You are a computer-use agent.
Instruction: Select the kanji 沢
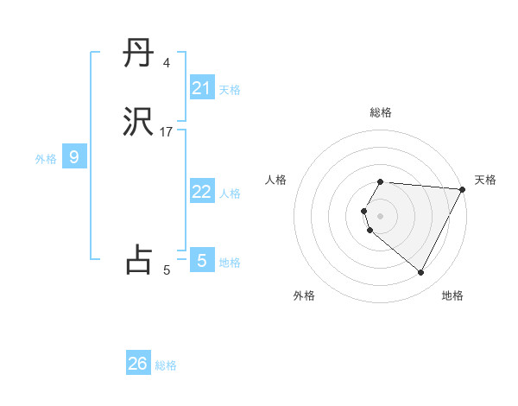click(138, 124)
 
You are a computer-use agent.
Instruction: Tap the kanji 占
click(138, 259)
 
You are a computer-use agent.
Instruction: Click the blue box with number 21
click(202, 88)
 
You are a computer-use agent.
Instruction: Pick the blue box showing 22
click(202, 192)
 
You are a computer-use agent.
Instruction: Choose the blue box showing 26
click(138, 364)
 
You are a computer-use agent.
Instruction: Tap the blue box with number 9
click(74, 157)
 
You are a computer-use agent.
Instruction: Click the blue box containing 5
click(202, 260)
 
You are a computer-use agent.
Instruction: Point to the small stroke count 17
click(167, 132)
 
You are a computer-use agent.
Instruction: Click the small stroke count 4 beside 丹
click(166, 63)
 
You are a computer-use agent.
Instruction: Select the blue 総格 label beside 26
click(166, 365)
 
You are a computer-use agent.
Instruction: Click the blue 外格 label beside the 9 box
click(45, 159)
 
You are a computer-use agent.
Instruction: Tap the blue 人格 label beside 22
click(230, 193)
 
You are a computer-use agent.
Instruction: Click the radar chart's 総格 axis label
click(381, 112)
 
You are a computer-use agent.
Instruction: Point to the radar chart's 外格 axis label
click(304, 296)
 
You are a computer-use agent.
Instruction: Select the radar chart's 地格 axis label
click(452, 296)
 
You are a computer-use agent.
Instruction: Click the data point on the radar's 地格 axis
click(421, 273)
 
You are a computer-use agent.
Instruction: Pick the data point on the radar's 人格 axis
click(364, 211)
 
